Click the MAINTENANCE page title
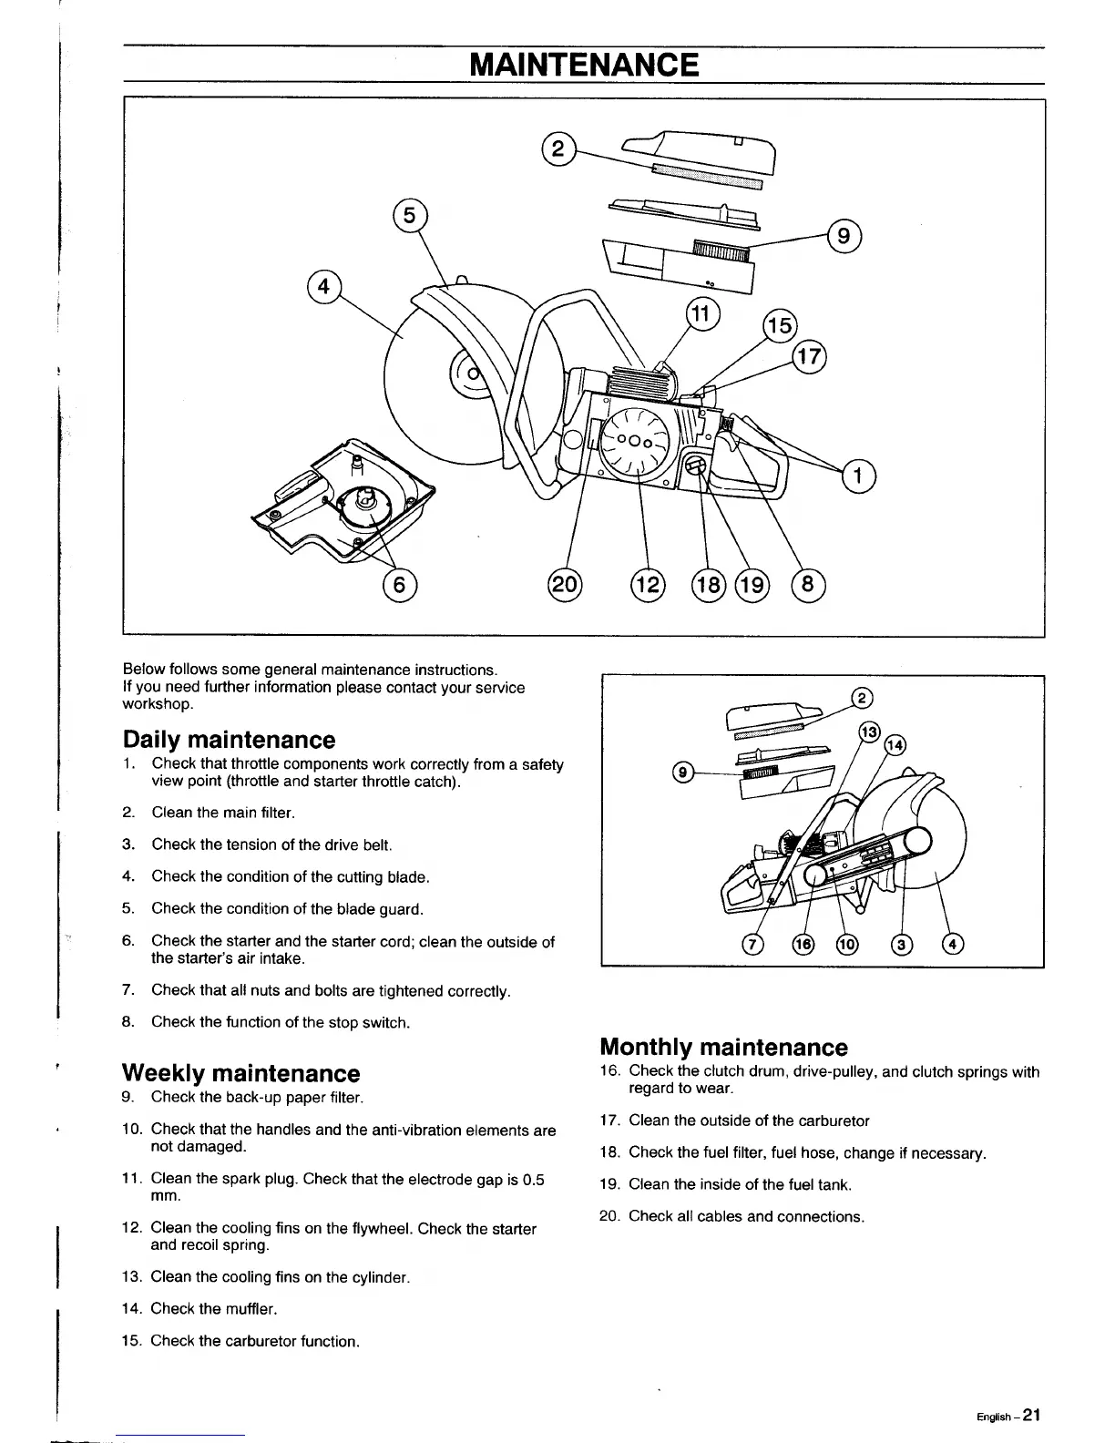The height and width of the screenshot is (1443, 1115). point(584,65)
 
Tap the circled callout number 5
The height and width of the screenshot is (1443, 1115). point(409,215)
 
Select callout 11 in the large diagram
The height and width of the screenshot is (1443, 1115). point(701,315)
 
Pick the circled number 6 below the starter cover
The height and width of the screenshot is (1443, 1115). point(399,582)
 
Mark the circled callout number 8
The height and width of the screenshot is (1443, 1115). point(808,583)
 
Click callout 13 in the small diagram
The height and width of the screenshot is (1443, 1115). point(870,732)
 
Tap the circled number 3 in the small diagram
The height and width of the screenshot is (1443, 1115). point(902,944)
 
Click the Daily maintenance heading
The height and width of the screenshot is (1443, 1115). point(229,740)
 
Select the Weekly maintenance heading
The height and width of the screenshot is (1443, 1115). point(240,1072)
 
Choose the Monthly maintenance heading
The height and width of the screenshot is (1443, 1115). point(723,1047)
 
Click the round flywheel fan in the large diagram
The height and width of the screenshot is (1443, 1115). point(634,442)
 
